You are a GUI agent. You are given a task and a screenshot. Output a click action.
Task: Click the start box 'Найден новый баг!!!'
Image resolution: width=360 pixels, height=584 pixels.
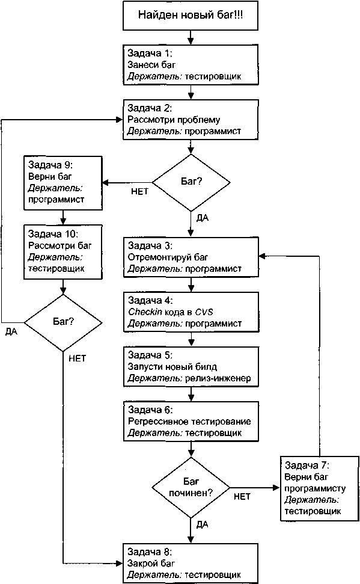tap(191, 15)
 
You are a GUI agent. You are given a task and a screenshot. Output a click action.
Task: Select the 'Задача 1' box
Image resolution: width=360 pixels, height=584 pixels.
tap(191, 65)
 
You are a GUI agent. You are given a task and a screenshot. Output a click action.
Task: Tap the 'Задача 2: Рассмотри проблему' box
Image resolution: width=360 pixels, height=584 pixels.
tap(191, 120)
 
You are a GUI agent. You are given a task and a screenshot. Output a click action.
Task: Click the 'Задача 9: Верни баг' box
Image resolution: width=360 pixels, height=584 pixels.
tap(63, 182)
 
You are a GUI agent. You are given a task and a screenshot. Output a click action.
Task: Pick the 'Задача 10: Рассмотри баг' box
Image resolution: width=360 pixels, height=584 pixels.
tap(63, 252)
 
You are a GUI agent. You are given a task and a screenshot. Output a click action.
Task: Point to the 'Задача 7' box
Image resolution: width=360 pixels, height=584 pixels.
tap(319, 488)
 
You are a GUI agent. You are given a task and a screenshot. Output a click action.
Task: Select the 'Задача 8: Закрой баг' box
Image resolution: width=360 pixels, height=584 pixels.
tap(191, 563)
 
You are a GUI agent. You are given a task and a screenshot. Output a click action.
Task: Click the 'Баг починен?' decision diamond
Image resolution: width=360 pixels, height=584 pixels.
tap(191, 488)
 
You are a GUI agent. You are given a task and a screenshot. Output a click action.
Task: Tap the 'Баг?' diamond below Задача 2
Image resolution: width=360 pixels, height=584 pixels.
tap(191, 182)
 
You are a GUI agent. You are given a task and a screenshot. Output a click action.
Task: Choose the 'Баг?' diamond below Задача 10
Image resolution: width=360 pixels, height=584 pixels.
tap(63, 322)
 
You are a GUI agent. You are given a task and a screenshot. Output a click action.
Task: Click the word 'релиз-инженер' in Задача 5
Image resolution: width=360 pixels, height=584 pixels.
tap(218, 378)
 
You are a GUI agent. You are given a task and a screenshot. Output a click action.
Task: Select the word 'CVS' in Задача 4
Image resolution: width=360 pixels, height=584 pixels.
tap(204, 312)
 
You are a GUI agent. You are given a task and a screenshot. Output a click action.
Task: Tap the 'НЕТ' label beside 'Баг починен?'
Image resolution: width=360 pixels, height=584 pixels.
tap(242, 496)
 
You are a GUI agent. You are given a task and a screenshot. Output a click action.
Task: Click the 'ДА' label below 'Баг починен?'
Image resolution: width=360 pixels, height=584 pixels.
tap(202, 525)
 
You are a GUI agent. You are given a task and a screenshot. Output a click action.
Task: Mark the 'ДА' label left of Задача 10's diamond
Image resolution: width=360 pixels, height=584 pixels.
tap(11, 331)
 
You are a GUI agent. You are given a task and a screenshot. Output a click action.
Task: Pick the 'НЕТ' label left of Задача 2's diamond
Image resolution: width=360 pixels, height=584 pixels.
tap(139, 191)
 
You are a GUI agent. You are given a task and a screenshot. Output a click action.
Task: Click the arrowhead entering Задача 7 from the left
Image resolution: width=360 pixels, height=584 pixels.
tap(276, 488)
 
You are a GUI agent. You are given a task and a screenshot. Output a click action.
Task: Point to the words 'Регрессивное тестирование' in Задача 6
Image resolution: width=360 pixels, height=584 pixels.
tap(189, 422)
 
